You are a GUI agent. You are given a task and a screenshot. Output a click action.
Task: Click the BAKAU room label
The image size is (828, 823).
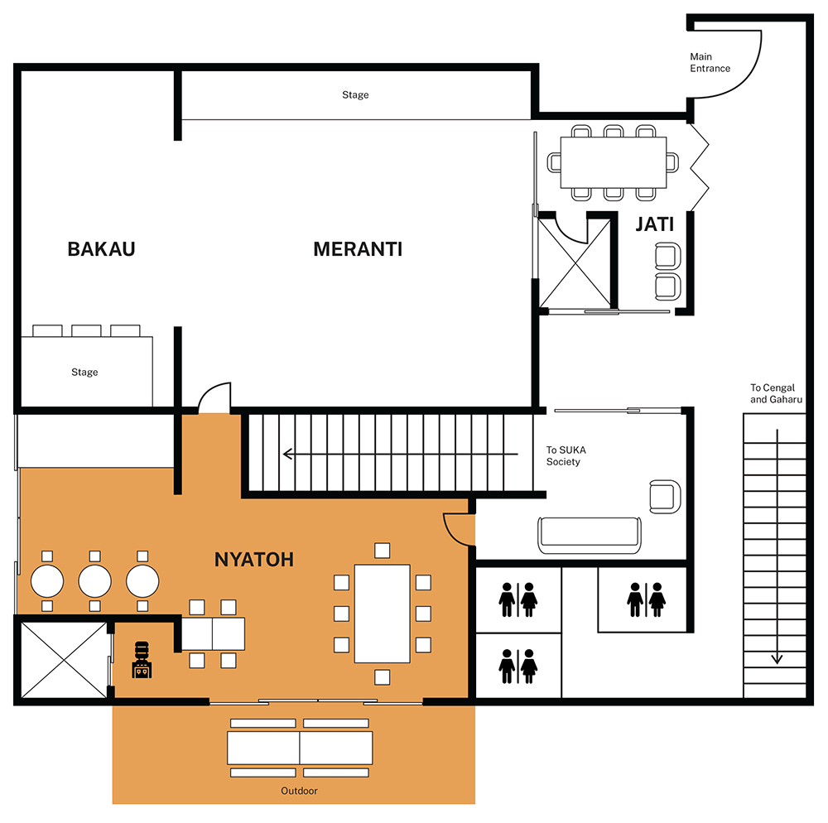point(101,249)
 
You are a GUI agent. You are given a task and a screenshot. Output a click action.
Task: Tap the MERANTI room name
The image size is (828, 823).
point(358,249)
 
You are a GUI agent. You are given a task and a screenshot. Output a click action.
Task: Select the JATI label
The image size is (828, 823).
point(655,224)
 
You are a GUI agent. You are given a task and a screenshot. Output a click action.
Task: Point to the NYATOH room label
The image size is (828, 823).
point(254,560)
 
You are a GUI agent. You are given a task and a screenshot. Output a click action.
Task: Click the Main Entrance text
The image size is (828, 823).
point(710,62)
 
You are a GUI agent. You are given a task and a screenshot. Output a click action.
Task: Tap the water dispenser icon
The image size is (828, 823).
point(142,660)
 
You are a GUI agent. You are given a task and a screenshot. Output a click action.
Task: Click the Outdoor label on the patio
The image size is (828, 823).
point(300,791)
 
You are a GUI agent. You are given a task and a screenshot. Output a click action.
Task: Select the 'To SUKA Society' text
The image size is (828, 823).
point(566,455)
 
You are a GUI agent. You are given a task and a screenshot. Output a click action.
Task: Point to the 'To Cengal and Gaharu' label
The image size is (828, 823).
point(777,394)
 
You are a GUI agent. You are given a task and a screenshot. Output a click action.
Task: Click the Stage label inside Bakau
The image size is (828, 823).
point(84,372)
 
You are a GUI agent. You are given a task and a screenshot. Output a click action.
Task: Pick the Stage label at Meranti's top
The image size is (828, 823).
point(355,95)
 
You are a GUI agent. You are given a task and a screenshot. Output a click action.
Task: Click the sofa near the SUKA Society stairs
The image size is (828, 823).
point(590,536)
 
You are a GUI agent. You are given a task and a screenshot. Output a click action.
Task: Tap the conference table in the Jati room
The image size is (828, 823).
point(614,162)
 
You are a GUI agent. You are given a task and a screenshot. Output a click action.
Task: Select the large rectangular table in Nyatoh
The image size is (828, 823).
point(383,614)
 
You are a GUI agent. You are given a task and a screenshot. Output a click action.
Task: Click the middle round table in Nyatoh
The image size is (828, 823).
point(95,581)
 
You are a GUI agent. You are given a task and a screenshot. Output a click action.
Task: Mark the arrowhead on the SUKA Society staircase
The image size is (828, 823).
point(288,454)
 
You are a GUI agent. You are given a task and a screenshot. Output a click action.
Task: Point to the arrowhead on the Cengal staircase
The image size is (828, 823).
point(777,659)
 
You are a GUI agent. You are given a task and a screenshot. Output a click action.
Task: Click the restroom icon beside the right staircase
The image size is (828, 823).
point(647,599)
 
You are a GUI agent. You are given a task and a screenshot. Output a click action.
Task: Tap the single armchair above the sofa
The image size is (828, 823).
point(666,496)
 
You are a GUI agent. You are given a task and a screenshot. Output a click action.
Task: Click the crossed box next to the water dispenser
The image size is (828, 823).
point(64,661)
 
